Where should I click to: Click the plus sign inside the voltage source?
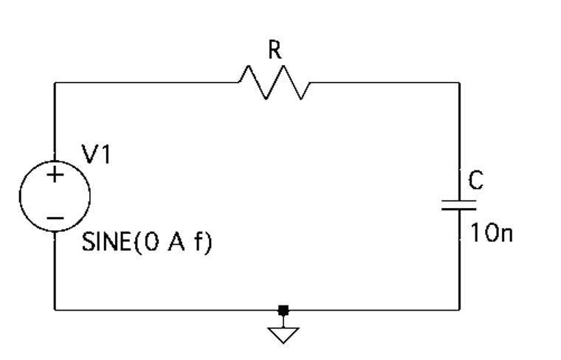(55, 176)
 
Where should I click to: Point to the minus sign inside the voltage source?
(55, 218)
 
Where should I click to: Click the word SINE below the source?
(105, 243)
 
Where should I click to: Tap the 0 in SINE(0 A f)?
(154, 243)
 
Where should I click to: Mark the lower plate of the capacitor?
(460, 209)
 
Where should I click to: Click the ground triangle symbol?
(283, 335)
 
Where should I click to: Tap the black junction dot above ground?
(283, 310)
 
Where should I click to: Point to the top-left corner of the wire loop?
(55, 83)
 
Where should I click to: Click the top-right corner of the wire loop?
(460, 83)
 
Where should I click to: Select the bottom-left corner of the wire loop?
(55, 310)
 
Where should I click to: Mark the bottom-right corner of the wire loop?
(460, 310)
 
